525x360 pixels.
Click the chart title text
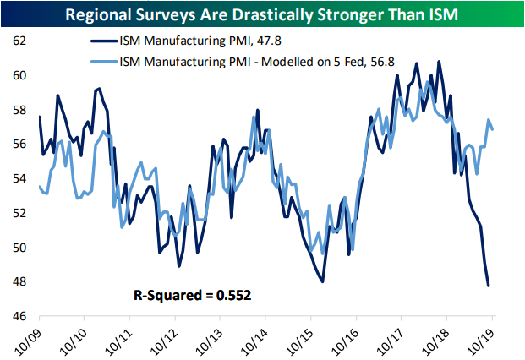[x=262, y=14]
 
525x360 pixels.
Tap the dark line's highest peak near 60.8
[x=438, y=62]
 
